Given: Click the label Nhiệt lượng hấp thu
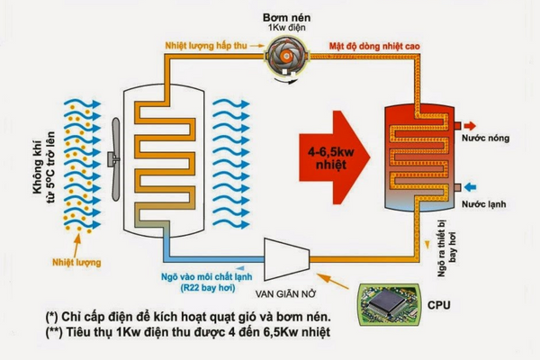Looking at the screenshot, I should [204, 43].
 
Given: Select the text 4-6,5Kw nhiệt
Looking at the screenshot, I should [330, 151].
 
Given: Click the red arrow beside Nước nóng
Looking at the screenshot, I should [460, 125].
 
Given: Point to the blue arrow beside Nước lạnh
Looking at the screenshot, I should [460, 188].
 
